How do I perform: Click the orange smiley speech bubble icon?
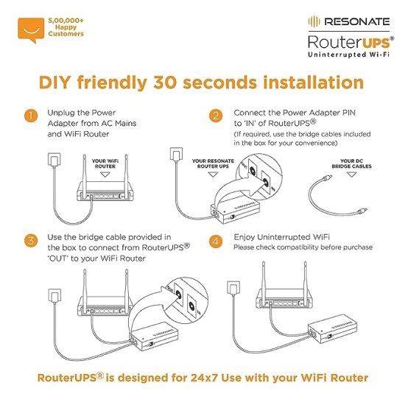click(x=29, y=27)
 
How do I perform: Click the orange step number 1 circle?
click(x=30, y=116)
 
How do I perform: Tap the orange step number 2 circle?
click(x=216, y=116)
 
